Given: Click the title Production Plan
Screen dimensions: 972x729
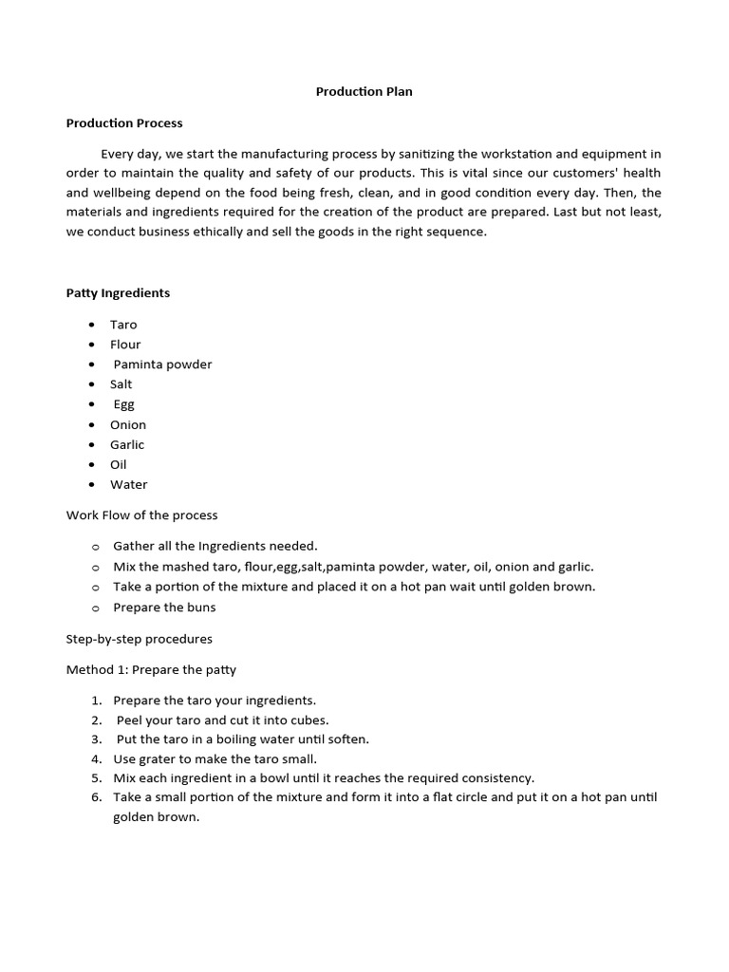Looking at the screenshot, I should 364,92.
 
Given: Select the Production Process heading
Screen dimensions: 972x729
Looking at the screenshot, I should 124,122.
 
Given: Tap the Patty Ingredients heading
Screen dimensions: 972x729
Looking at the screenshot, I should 118,293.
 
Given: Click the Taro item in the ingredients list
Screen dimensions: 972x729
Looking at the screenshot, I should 123,325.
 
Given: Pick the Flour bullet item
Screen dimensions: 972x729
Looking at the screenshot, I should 125,345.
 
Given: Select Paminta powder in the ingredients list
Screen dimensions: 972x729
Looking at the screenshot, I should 162,364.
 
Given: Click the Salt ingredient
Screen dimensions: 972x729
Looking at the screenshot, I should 121,384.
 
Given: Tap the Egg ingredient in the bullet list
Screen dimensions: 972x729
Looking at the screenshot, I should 124,404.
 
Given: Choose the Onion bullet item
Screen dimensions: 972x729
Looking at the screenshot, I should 128,424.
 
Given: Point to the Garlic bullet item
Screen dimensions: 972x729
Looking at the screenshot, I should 127,444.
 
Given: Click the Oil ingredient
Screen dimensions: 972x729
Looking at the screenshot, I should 119,464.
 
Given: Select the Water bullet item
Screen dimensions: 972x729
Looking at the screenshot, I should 129,484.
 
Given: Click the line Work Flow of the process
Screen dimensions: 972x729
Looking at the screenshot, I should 141,515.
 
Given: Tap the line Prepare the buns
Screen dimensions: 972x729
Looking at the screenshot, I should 164,607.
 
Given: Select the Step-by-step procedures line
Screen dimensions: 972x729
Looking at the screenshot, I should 139,639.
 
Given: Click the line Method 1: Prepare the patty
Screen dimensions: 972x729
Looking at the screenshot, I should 151,670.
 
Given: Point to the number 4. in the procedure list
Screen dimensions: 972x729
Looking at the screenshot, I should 97,759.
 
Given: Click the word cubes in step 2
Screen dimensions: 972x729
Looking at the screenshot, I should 309,720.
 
